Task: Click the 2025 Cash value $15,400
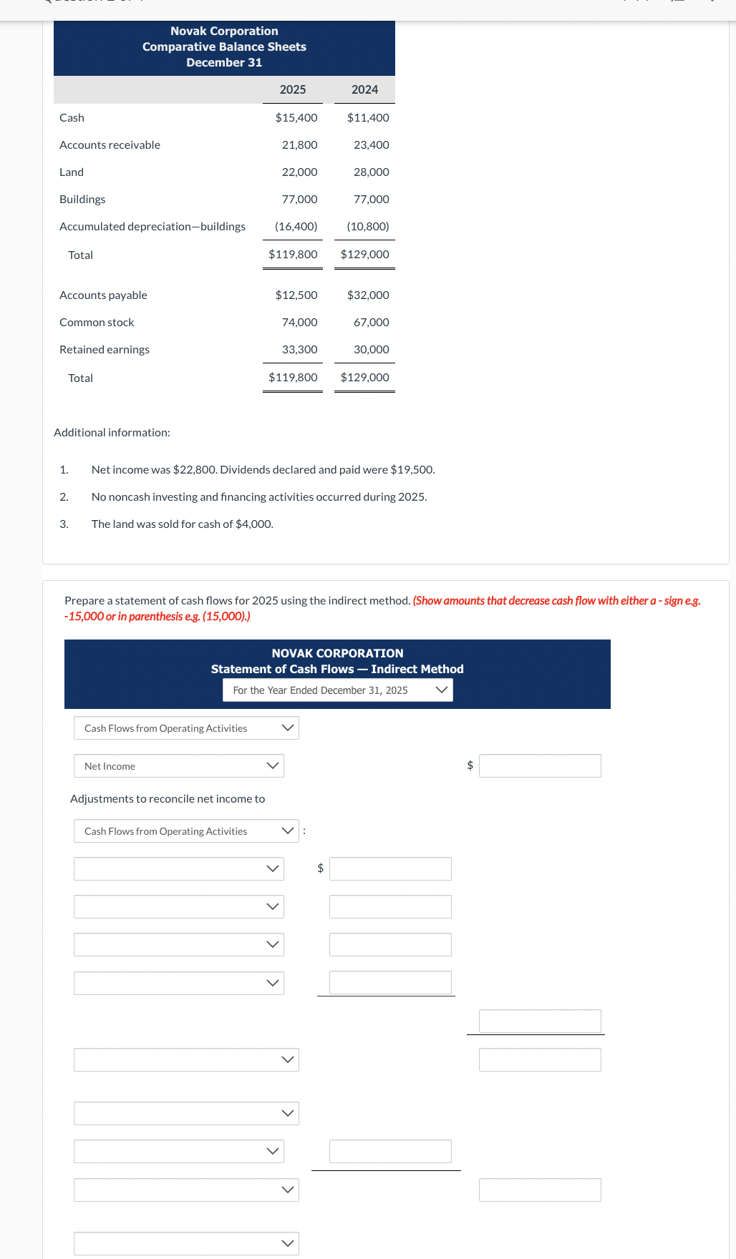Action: coord(296,117)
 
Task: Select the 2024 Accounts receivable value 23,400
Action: coord(371,144)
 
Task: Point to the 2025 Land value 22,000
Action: coord(299,172)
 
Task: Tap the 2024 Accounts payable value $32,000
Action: coord(368,295)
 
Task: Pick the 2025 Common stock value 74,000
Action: coord(299,322)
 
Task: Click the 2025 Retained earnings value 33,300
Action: coord(299,349)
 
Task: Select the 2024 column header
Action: coord(364,89)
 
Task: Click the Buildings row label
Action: coord(82,199)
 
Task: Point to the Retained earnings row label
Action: coord(105,349)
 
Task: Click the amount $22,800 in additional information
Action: coord(195,469)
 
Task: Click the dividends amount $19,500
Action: coord(412,469)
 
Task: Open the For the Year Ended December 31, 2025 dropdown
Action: coord(338,690)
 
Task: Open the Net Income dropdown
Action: coord(179,765)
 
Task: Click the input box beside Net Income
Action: coord(540,765)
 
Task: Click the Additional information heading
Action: coord(112,432)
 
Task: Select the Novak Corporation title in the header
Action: coord(224,31)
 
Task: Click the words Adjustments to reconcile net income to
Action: coord(168,798)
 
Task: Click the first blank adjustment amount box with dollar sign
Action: coord(390,868)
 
